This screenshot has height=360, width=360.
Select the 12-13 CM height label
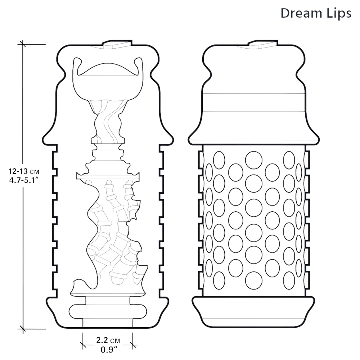[24, 171]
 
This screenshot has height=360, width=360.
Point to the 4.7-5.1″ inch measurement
[23, 180]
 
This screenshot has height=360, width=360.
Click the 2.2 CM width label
[108, 340]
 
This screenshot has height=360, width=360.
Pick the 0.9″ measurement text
[109, 350]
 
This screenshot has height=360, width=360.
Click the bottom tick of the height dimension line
[22, 329]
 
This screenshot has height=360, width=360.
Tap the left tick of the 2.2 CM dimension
[83, 345]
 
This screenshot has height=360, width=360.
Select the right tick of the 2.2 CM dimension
[132, 345]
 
